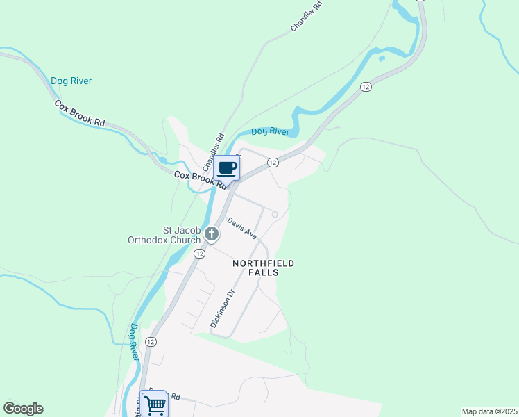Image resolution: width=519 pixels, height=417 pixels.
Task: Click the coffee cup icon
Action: point(227,168)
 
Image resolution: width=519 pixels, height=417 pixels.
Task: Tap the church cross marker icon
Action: point(211,234)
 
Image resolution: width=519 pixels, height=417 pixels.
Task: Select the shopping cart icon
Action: point(154,404)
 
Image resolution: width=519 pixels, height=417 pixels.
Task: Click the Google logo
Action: point(23,409)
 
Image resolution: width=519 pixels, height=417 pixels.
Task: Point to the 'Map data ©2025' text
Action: point(489,411)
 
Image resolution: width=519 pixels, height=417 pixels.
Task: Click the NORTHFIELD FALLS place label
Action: point(264,268)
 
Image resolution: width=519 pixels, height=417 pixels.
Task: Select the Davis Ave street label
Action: point(242,229)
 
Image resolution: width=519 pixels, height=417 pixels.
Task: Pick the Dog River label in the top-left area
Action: point(71,81)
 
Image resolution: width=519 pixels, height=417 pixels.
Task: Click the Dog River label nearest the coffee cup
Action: point(269,131)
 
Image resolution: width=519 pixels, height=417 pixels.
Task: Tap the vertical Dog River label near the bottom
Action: point(134,341)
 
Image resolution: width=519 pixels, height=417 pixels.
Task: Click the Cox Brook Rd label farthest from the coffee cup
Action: point(80,113)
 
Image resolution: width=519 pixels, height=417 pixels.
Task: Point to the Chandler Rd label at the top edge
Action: point(307,15)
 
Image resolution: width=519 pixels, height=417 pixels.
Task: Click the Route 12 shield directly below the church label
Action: point(199,254)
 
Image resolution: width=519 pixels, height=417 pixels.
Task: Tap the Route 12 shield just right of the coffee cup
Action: point(273,162)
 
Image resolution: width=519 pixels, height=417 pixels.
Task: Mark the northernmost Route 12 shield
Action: point(366,86)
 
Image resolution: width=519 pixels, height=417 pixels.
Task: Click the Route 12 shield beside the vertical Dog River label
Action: point(151,341)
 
